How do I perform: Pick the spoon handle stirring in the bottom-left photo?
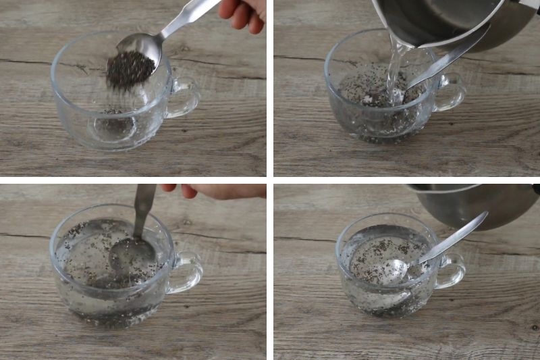143,209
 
